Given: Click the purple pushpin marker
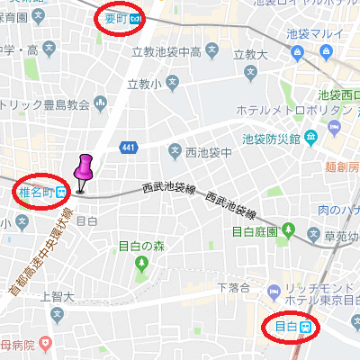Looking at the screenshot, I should [85, 172].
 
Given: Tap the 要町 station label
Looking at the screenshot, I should [114, 17].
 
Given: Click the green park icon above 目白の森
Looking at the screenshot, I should [140, 263].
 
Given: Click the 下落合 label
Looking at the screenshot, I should [233, 287].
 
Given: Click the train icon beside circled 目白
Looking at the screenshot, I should [307, 326].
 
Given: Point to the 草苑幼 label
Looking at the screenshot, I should [341, 237].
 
